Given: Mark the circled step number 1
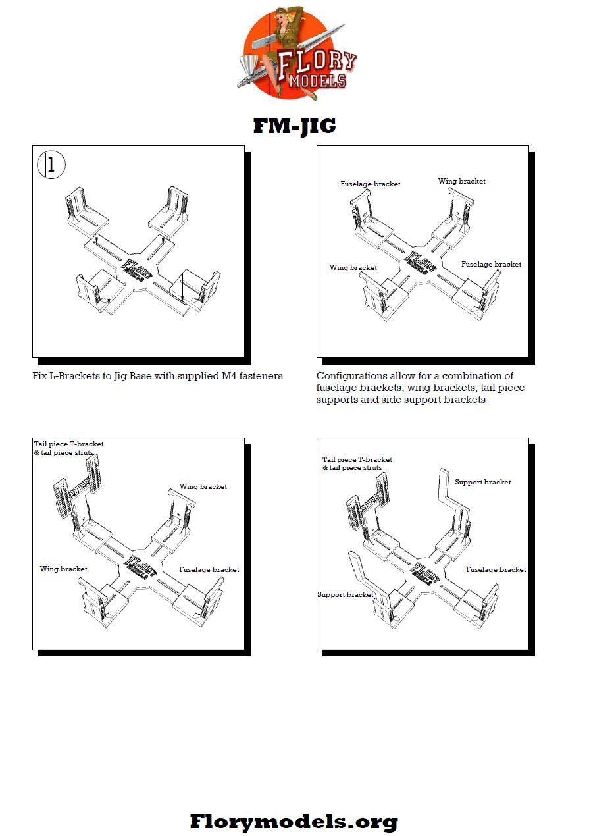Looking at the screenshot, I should (x=51, y=165).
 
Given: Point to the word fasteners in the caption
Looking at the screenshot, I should (x=259, y=376).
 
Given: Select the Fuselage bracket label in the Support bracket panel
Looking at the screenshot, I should (x=496, y=569).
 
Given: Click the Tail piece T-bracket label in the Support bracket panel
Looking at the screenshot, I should (x=357, y=459).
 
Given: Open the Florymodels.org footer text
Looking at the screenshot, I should (x=294, y=821).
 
